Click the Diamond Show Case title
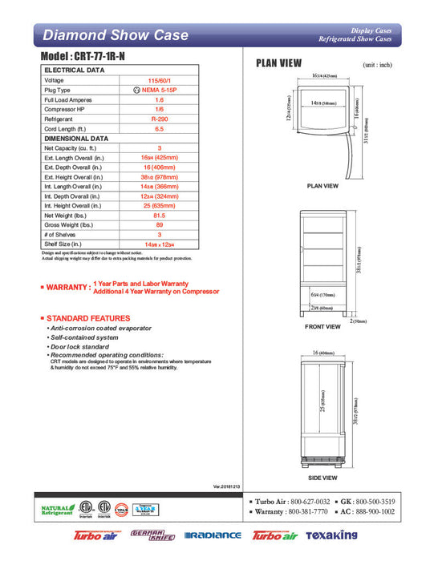(x=115, y=35)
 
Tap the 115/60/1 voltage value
(x=159, y=80)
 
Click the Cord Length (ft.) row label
(x=68, y=128)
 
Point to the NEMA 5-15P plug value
(x=159, y=90)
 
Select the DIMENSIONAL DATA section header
(x=76, y=138)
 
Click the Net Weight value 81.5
(x=159, y=215)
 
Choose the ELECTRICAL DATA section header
(x=73, y=71)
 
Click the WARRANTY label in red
(x=69, y=287)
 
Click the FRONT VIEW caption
(x=323, y=327)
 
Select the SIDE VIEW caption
(x=323, y=478)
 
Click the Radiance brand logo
(x=213, y=535)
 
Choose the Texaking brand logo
(x=328, y=535)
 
